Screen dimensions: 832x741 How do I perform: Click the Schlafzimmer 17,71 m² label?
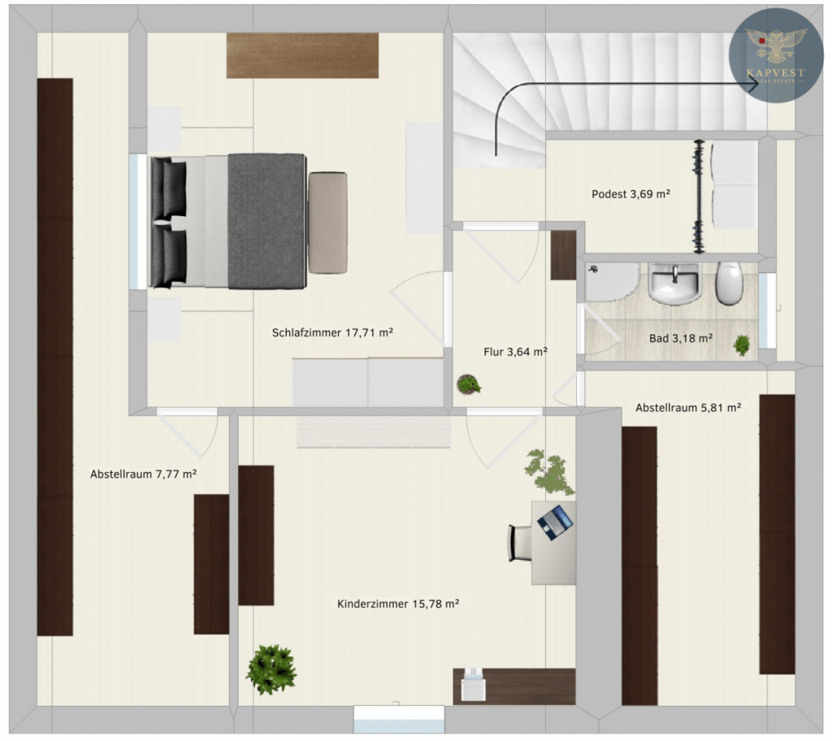[332, 333]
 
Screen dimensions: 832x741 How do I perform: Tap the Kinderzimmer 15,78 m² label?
[398, 604]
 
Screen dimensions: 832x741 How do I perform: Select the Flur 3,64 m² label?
[515, 351]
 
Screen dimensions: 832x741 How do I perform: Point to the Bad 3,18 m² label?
[681, 338]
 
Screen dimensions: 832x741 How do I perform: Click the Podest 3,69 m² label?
[630, 194]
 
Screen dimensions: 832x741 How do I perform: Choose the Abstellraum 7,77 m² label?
[143, 474]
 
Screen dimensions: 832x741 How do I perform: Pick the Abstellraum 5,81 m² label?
[688, 408]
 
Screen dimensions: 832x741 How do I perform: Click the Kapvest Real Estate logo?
[776, 55]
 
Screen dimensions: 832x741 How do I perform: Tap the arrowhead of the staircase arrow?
[753, 84]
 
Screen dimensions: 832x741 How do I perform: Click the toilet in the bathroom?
[729, 283]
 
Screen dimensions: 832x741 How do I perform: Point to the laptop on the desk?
[555, 522]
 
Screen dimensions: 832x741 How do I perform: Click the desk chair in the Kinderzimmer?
[520, 543]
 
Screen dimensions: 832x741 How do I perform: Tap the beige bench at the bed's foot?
[328, 223]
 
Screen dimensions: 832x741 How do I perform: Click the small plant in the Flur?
[469, 384]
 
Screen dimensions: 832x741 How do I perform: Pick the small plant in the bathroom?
[741, 345]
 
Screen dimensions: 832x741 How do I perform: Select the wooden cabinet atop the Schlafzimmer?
[302, 55]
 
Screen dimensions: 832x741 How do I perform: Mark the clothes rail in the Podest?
[699, 197]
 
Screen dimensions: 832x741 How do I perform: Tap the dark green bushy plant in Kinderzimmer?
[271, 669]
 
